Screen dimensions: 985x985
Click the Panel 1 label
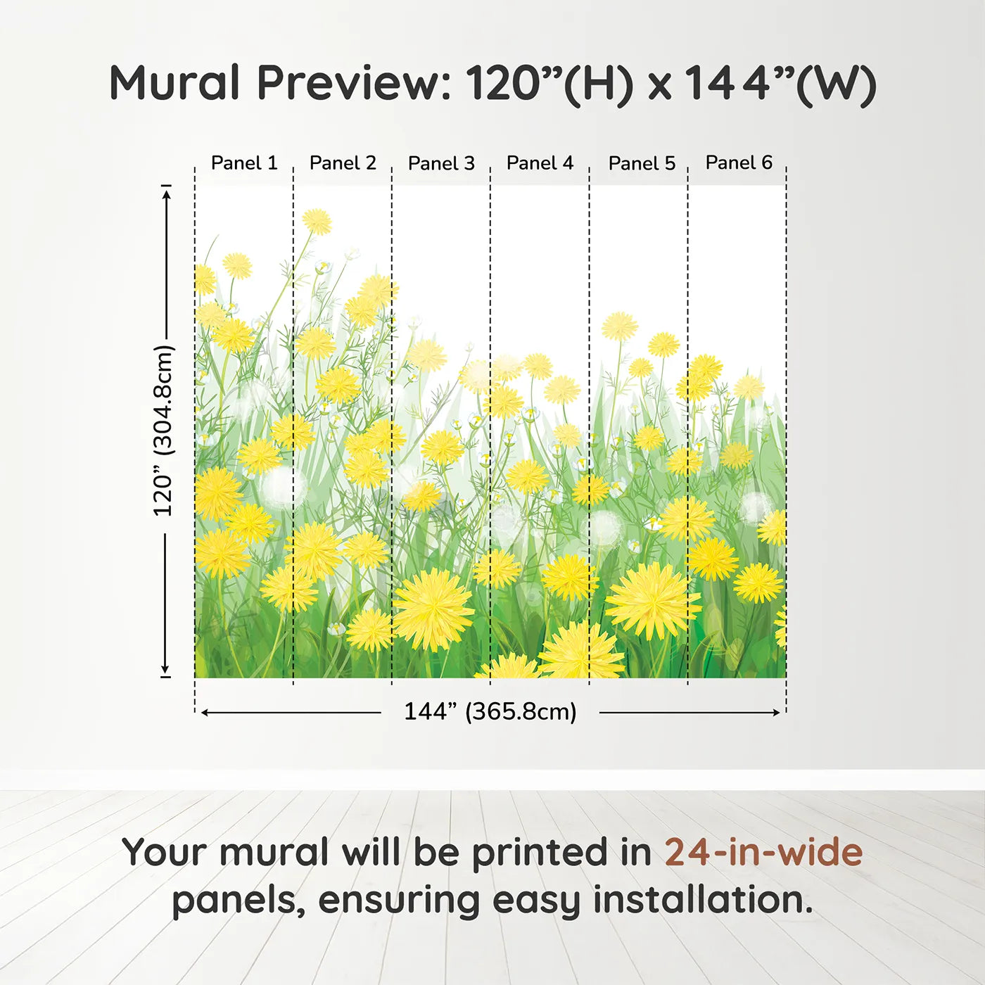click(244, 163)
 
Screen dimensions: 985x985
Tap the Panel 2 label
click(343, 163)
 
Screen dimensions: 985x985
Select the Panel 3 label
click(442, 163)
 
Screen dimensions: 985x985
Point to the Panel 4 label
click(540, 163)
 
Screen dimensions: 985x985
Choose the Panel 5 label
click(642, 163)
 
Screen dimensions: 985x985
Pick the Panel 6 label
click(739, 163)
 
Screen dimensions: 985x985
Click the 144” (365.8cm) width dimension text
click(490, 711)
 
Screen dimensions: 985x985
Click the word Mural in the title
click(174, 82)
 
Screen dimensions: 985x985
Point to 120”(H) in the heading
click(549, 84)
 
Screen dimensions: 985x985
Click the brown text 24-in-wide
click(763, 851)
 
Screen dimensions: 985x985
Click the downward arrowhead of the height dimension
click(165, 669)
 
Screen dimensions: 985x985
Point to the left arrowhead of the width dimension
click(205, 713)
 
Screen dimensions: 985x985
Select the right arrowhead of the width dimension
click(775, 713)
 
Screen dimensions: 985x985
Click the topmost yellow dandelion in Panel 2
click(317, 222)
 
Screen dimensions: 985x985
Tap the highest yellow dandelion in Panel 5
click(620, 326)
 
